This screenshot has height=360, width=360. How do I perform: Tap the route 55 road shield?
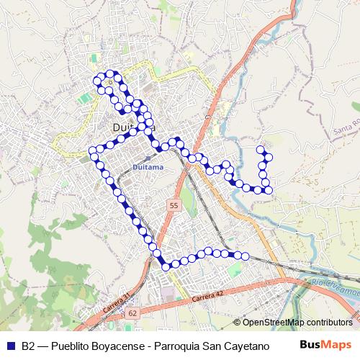174,206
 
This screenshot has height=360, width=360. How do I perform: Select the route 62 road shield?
132,313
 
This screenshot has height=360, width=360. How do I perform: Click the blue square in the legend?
10,345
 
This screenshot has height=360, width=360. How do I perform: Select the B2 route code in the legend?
28,345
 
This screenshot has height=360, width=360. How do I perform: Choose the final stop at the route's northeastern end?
260,149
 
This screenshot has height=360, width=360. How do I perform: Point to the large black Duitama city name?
134,128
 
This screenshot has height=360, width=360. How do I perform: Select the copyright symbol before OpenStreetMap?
238,322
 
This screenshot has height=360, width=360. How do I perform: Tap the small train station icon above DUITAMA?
148,157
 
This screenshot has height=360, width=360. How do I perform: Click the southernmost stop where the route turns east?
166,267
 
